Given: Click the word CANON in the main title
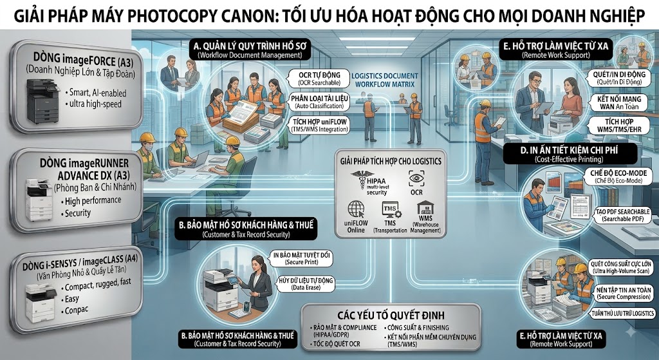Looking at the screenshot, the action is point(242,16).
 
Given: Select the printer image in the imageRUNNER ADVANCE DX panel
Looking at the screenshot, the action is point(39,200).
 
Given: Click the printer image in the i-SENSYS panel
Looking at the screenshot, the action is point(41,302).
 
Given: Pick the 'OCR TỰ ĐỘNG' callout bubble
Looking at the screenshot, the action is point(319,78).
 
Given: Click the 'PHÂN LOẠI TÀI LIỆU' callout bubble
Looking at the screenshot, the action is point(319,102).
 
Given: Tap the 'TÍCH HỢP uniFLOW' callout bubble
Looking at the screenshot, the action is point(319,126).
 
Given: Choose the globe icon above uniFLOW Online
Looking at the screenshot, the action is point(356,210).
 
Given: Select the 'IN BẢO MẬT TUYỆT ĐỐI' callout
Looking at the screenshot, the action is point(302,258).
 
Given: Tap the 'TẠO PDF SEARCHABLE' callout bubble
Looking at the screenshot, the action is point(622,215).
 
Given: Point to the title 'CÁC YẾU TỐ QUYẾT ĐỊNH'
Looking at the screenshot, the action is point(391,315).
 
